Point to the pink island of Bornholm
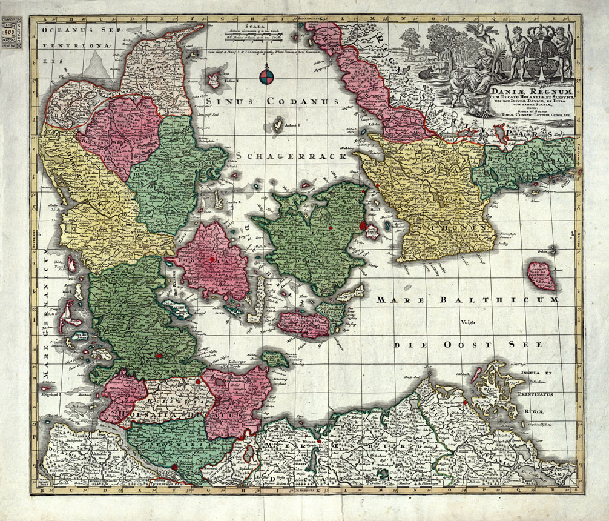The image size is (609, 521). click(541, 276)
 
